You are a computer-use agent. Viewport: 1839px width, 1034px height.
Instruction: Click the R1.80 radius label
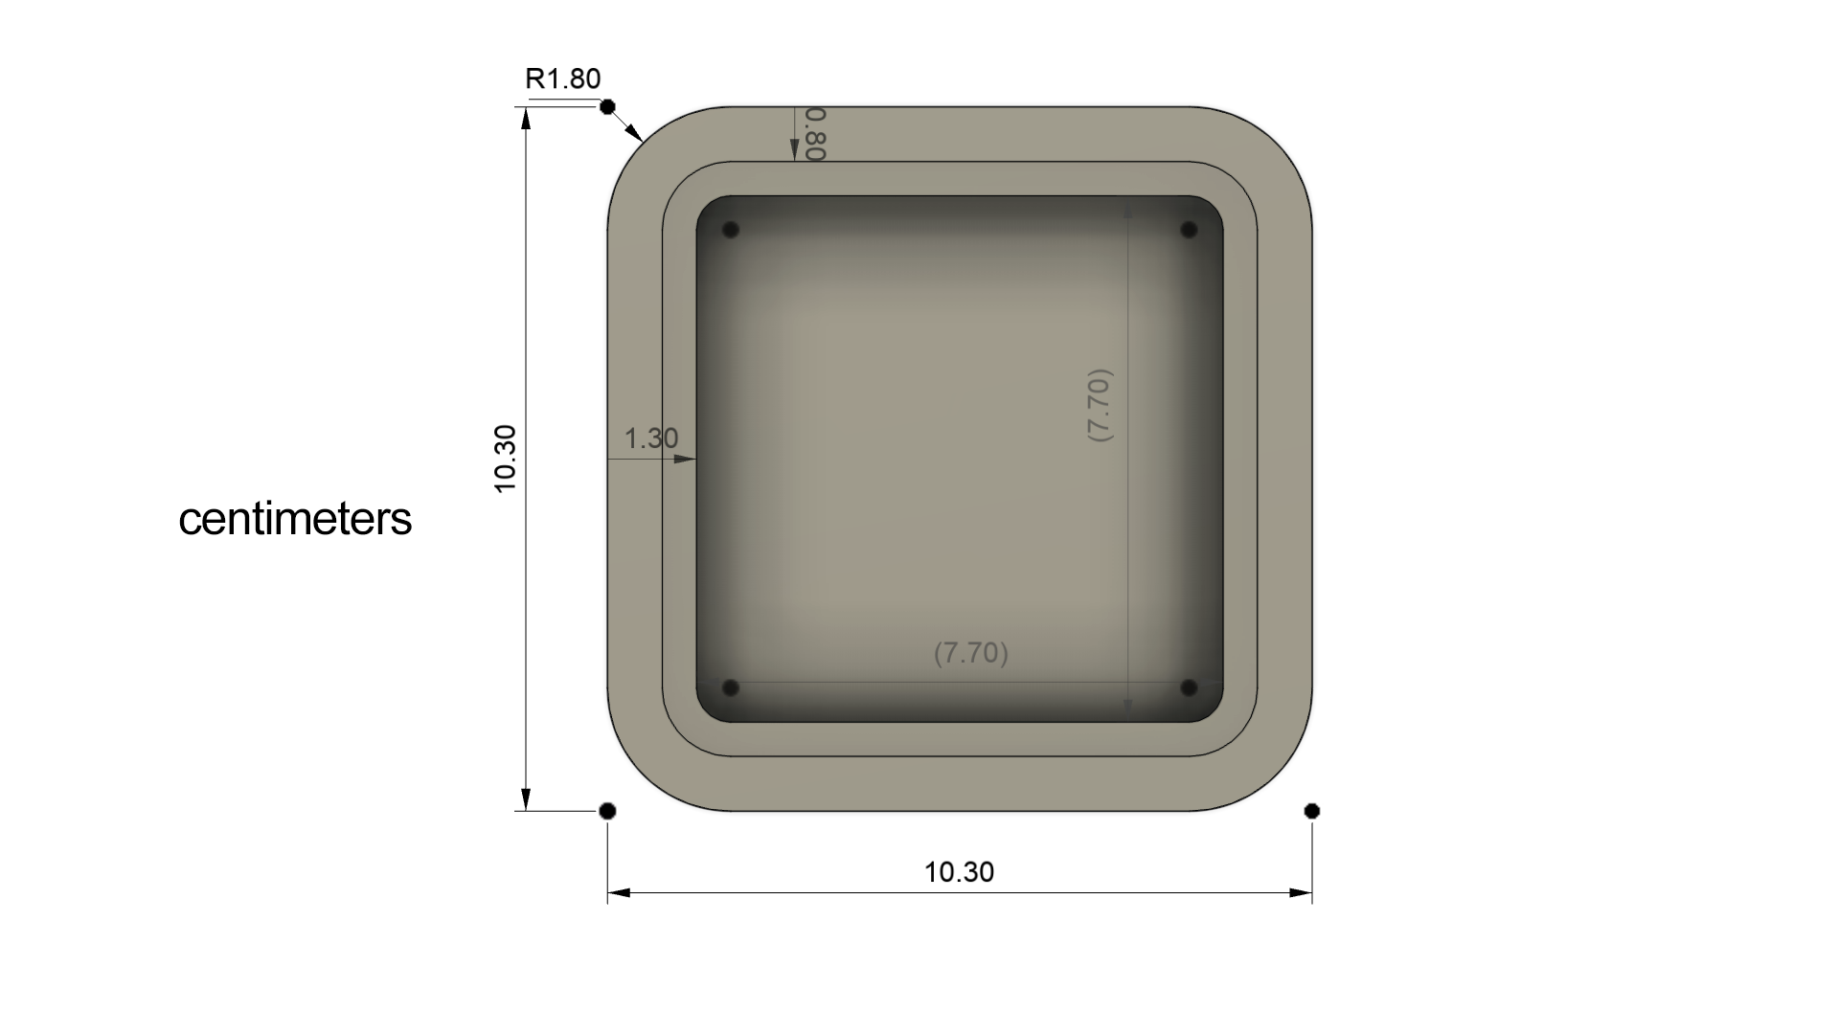(563, 79)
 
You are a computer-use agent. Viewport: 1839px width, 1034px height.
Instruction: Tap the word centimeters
(295, 519)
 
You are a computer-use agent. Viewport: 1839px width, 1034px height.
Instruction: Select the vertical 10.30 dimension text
(505, 459)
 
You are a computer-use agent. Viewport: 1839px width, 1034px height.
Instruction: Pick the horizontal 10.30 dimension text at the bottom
(959, 872)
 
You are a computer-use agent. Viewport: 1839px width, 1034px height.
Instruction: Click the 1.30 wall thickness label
(651, 438)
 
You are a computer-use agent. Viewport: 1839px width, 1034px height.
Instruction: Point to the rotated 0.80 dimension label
(816, 134)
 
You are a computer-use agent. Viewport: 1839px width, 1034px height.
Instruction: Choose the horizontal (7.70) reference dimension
(971, 653)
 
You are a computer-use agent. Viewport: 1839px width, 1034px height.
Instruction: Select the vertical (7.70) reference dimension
(1100, 405)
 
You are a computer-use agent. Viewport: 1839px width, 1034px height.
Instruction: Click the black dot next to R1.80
(607, 107)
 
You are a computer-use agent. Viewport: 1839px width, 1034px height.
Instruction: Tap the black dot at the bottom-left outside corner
(607, 811)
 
